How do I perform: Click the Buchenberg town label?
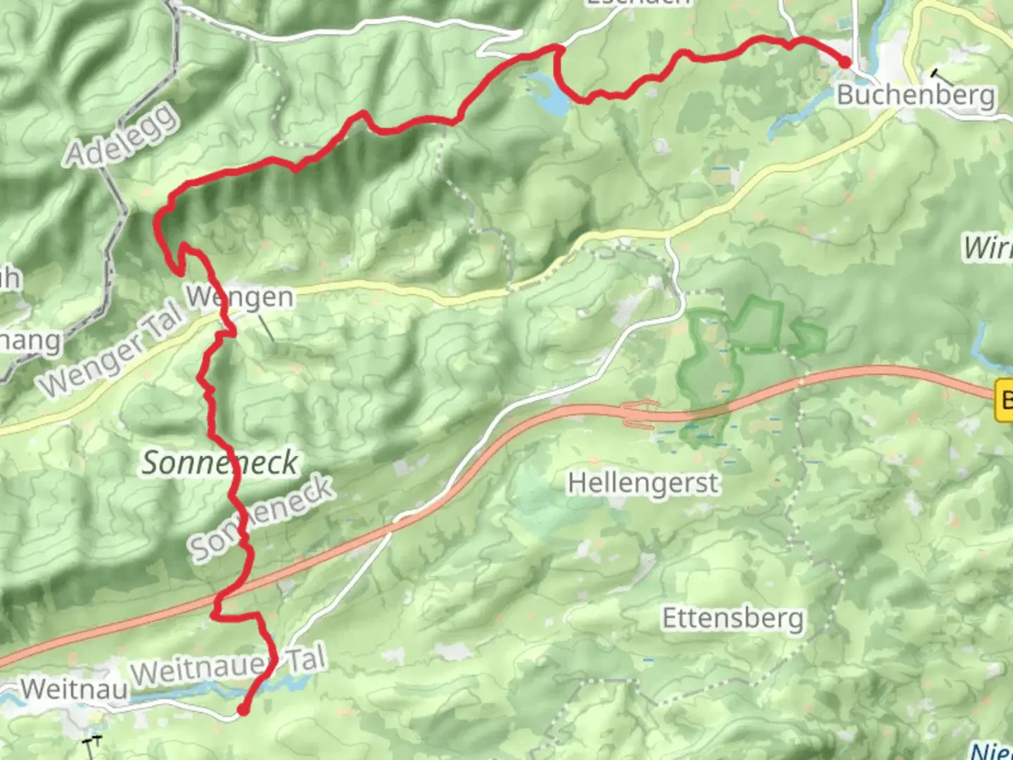pyautogui.click(x=915, y=95)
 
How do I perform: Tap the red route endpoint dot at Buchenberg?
pyautogui.click(x=844, y=62)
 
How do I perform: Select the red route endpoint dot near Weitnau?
pyautogui.click(x=243, y=710)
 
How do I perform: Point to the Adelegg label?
pyautogui.click(x=121, y=135)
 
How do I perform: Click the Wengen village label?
pyautogui.click(x=240, y=297)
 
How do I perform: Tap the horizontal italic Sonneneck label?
pyautogui.click(x=220, y=463)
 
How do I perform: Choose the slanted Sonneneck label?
pyautogui.click(x=261, y=518)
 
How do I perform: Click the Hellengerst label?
pyautogui.click(x=643, y=483)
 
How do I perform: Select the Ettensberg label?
pyautogui.click(x=732, y=619)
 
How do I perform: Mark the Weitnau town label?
pyautogui.click(x=74, y=689)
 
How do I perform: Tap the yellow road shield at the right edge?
pyautogui.click(x=1004, y=401)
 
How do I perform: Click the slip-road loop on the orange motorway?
pyautogui.click(x=639, y=414)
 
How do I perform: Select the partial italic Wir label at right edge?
pyautogui.click(x=988, y=248)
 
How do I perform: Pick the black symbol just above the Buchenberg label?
pyautogui.click(x=936, y=72)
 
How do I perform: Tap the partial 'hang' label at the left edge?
pyautogui.click(x=30, y=342)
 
